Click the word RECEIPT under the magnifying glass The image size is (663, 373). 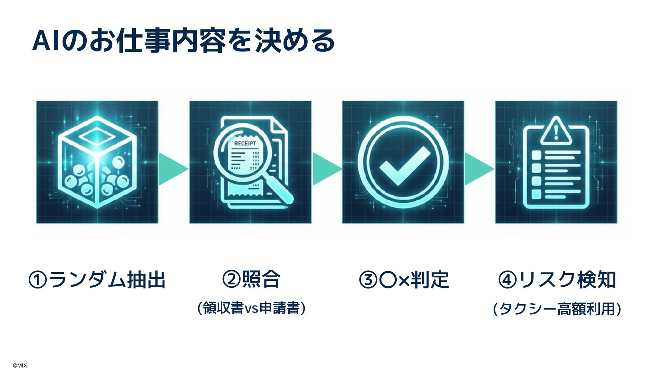pos(245,143)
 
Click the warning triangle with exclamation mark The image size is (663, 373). pos(556,131)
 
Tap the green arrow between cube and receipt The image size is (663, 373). pos(173,169)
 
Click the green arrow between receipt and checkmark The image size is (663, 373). pos(326,169)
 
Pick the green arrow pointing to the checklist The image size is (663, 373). pos(479,169)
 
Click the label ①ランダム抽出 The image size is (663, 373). pos(97,280)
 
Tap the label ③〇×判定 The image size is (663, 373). pos(404,280)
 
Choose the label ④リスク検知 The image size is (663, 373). pos(557,280)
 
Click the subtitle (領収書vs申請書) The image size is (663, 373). pos(251,308)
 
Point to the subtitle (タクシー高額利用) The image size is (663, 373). pos(557,309)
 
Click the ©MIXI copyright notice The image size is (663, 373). pos(21,365)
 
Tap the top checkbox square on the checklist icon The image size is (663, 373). pos(536,155)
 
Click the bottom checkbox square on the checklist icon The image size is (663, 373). pos(536,194)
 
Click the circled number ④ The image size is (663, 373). pos(508,280)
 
